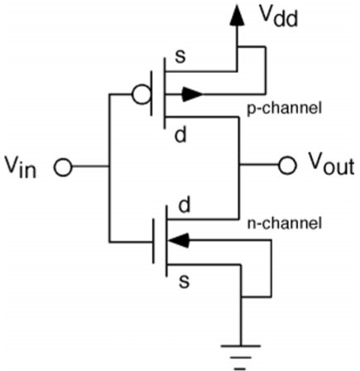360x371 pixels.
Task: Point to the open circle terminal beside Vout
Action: (286, 166)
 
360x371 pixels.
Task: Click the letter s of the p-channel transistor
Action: (181, 59)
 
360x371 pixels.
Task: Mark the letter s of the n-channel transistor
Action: (181, 282)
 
